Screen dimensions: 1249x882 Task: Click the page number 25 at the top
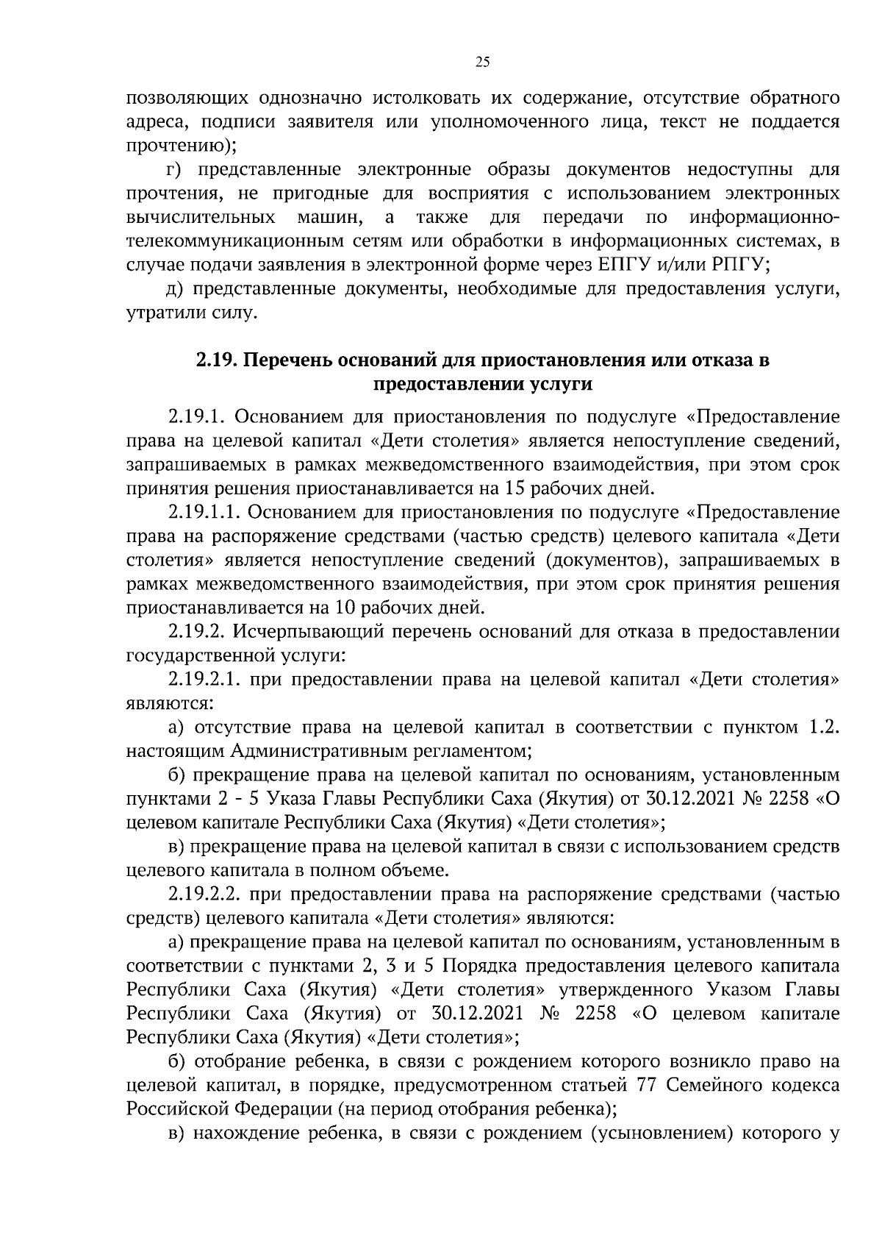[482, 63]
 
